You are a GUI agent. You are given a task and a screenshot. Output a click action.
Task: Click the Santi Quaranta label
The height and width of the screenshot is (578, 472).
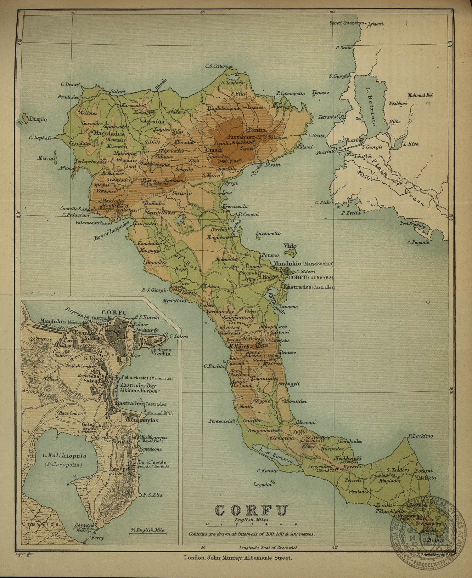tap(347, 23)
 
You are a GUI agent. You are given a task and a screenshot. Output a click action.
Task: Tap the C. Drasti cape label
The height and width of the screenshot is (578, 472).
tap(70, 85)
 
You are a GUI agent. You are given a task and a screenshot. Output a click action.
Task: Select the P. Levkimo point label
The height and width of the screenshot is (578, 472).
tap(420, 436)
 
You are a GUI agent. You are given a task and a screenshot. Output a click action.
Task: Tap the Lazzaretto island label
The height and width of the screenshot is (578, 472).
tap(268, 234)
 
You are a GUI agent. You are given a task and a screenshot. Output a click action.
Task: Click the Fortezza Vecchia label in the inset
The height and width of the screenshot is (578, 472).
tap(161, 351)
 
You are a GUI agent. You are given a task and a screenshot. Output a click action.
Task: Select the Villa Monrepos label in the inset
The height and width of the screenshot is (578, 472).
tap(153, 437)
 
